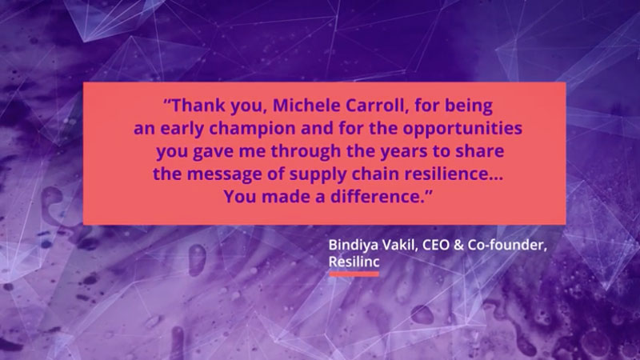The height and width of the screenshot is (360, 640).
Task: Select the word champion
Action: pyautogui.click(x=252, y=129)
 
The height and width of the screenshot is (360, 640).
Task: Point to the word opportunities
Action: pyautogui.click(x=462, y=129)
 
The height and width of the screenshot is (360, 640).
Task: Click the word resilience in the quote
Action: pyautogui.click(x=447, y=174)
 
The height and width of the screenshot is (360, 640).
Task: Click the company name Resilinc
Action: pyautogui.click(x=354, y=262)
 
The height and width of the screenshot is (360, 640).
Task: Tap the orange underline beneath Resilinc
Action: pyautogui.click(x=354, y=274)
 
